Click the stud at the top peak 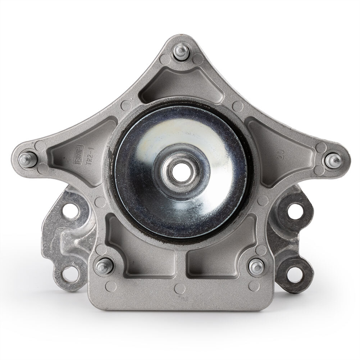pyautogui.click(x=181, y=53)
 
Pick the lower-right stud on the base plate pyautogui.click(x=256, y=266)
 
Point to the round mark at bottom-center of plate pyautogui.click(x=181, y=288)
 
